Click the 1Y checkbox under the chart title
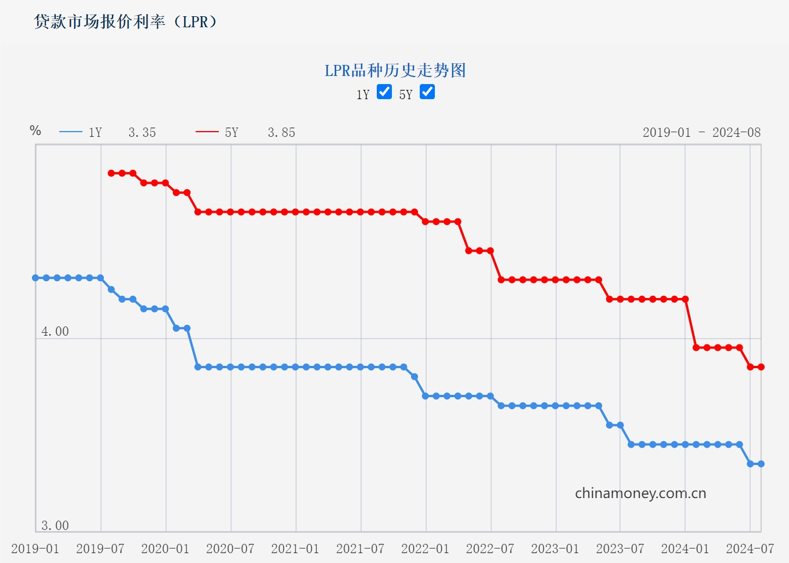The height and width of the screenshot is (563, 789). tap(384, 92)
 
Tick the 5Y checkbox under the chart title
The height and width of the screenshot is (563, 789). tap(427, 92)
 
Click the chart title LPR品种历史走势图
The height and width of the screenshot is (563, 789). tap(395, 71)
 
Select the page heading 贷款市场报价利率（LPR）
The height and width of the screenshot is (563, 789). tap(125, 22)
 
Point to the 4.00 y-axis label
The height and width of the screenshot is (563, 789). tap(55, 332)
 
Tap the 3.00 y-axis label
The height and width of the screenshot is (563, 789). tap(55, 526)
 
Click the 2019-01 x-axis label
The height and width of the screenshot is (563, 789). tap(35, 549)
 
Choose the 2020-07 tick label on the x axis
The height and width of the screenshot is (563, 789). tap(230, 549)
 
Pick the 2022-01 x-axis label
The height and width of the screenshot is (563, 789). tap(426, 549)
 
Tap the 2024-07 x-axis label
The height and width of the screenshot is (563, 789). tap(750, 549)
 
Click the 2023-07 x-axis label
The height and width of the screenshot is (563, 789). tap(620, 549)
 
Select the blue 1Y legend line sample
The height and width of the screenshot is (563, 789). tap(71, 132)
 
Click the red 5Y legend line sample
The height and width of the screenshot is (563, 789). tap(207, 132)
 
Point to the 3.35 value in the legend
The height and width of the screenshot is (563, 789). tap(142, 133)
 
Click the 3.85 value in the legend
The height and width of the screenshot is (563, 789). tap(282, 133)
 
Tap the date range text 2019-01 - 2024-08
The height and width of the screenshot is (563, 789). tap(701, 133)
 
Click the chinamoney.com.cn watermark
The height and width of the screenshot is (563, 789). tap(640, 493)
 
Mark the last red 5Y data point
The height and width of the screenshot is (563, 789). tap(761, 367)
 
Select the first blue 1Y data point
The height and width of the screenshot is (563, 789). tap(36, 278)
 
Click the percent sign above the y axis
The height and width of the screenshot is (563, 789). tap(35, 130)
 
